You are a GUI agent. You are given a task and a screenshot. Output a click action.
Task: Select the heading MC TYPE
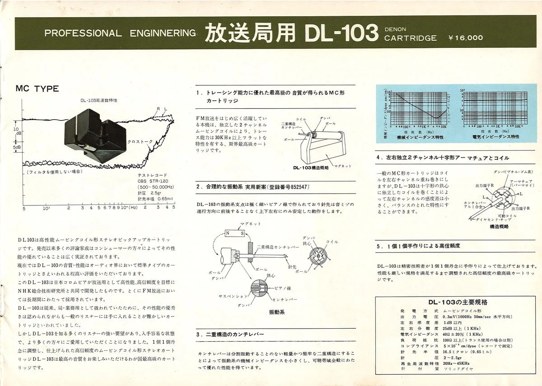[37, 88]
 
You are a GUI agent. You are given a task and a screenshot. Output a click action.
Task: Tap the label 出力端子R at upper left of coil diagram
[472, 186]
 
